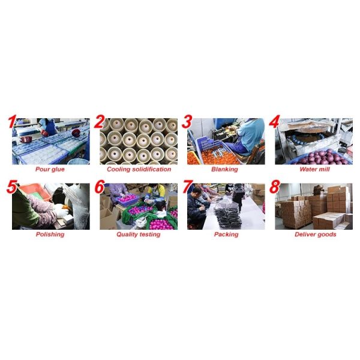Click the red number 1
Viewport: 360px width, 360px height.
(x=13, y=122)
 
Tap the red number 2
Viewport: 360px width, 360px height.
(x=100, y=122)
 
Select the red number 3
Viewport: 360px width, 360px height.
(x=187, y=122)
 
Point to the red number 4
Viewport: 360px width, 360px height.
(x=274, y=122)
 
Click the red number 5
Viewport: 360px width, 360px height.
(x=12, y=187)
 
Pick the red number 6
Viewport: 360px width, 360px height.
(x=100, y=187)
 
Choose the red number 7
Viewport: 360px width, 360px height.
(x=188, y=187)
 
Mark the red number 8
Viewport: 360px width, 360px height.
(x=275, y=187)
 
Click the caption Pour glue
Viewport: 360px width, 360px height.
(x=50, y=169)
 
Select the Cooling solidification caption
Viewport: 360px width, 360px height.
(x=139, y=169)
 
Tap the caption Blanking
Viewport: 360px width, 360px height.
(x=224, y=169)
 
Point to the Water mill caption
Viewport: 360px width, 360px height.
(x=314, y=169)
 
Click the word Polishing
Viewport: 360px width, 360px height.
(x=50, y=235)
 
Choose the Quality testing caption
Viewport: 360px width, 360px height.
(x=139, y=235)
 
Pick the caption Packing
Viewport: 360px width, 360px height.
(x=226, y=235)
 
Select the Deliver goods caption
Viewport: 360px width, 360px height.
(x=316, y=235)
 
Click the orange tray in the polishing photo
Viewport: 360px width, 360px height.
(x=35, y=191)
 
